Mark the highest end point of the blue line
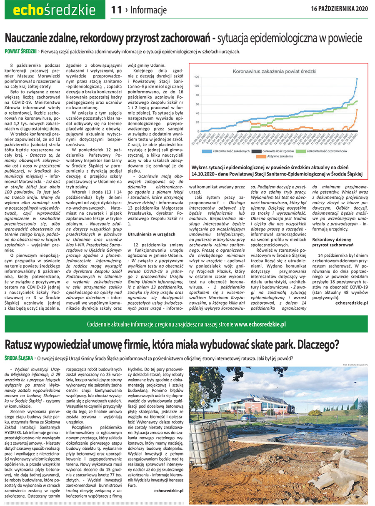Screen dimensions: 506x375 (357, 78)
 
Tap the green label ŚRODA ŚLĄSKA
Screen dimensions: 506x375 (19, 358)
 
